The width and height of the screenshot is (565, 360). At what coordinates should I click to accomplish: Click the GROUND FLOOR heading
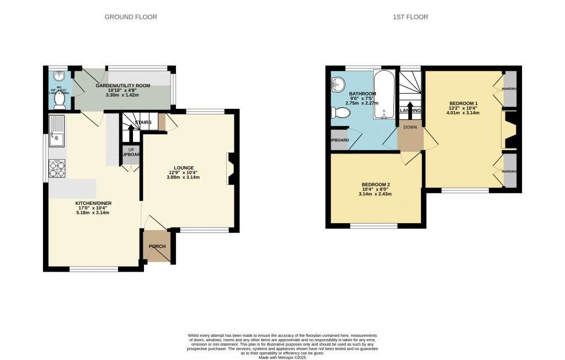click(131, 17)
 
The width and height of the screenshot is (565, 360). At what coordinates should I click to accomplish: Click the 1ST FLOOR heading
click(410, 17)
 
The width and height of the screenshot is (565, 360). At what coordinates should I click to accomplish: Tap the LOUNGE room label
click(185, 168)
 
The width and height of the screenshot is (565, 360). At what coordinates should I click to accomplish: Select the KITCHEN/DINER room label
click(94, 203)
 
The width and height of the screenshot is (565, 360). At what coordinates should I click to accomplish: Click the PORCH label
click(157, 246)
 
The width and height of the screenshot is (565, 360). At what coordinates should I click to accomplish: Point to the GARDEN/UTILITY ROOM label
click(124, 86)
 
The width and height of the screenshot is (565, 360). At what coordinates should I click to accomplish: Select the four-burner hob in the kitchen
click(57, 167)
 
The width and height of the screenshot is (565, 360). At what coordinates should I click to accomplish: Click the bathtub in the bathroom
click(382, 94)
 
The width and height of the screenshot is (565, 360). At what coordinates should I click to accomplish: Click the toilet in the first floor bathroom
click(341, 113)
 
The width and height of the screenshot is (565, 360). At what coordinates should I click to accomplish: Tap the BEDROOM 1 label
click(463, 103)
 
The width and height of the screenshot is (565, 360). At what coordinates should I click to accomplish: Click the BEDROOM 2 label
click(376, 184)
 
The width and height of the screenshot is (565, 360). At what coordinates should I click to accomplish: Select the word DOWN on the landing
click(410, 127)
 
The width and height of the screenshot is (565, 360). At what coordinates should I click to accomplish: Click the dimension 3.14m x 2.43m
click(376, 194)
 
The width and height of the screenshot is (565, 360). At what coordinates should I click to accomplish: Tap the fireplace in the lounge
click(230, 169)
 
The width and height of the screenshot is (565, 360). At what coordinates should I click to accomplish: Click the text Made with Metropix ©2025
click(282, 357)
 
